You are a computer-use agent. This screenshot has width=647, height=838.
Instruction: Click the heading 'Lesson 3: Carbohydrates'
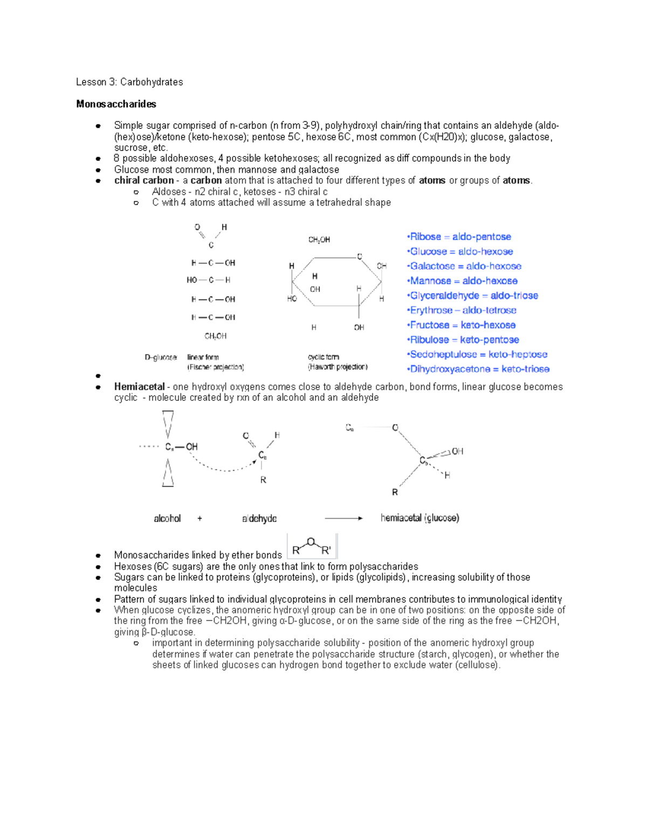pyautogui.click(x=129, y=82)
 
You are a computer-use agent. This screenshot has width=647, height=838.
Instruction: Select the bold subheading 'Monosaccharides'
pyautogui.click(x=116, y=104)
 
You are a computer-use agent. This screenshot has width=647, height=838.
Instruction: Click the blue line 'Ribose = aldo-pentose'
pyautogui.click(x=460, y=237)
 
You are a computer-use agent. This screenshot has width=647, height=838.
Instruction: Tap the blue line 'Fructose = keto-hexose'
pyautogui.click(x=462, y=325)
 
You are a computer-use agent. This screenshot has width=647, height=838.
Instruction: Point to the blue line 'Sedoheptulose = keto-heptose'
pyautogui.click(x=478, y=355)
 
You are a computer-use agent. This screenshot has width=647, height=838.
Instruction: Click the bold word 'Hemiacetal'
pyautogui.click(x=139, y=387)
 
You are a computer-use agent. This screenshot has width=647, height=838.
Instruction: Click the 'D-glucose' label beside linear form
pyautogui.click(x=161, y=357)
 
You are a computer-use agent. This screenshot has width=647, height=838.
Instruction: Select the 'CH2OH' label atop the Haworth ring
pyautogui.click(x=319, y=240)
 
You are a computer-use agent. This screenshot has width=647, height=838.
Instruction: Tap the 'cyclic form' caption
pyautogui.click(x=323, y=357)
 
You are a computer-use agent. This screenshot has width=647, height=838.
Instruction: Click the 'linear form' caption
pyautogui.click(x=203, y=357)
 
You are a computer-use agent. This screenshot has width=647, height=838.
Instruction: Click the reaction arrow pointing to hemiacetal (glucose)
pyautogui.click(x=343, y=518)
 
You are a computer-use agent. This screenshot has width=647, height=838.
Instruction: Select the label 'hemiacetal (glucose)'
pyautogui.click(x=419, y=518)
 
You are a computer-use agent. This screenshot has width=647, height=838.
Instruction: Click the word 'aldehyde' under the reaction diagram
pyautogui.click(x=259, y=519)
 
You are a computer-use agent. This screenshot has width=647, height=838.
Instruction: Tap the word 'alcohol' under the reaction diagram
pyautogui.click(x=167, y=519)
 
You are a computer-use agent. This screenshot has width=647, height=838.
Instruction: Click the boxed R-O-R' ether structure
pyautogui.click(x=312, y=546)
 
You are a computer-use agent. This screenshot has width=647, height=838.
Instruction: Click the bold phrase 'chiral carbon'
pyautogui.click(x=143, y=181)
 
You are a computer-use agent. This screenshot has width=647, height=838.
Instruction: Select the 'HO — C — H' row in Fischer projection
pyautogui.click(x=209, y=280)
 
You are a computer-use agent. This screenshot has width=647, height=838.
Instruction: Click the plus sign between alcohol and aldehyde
pyautogui.click(x=199, y=519)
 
